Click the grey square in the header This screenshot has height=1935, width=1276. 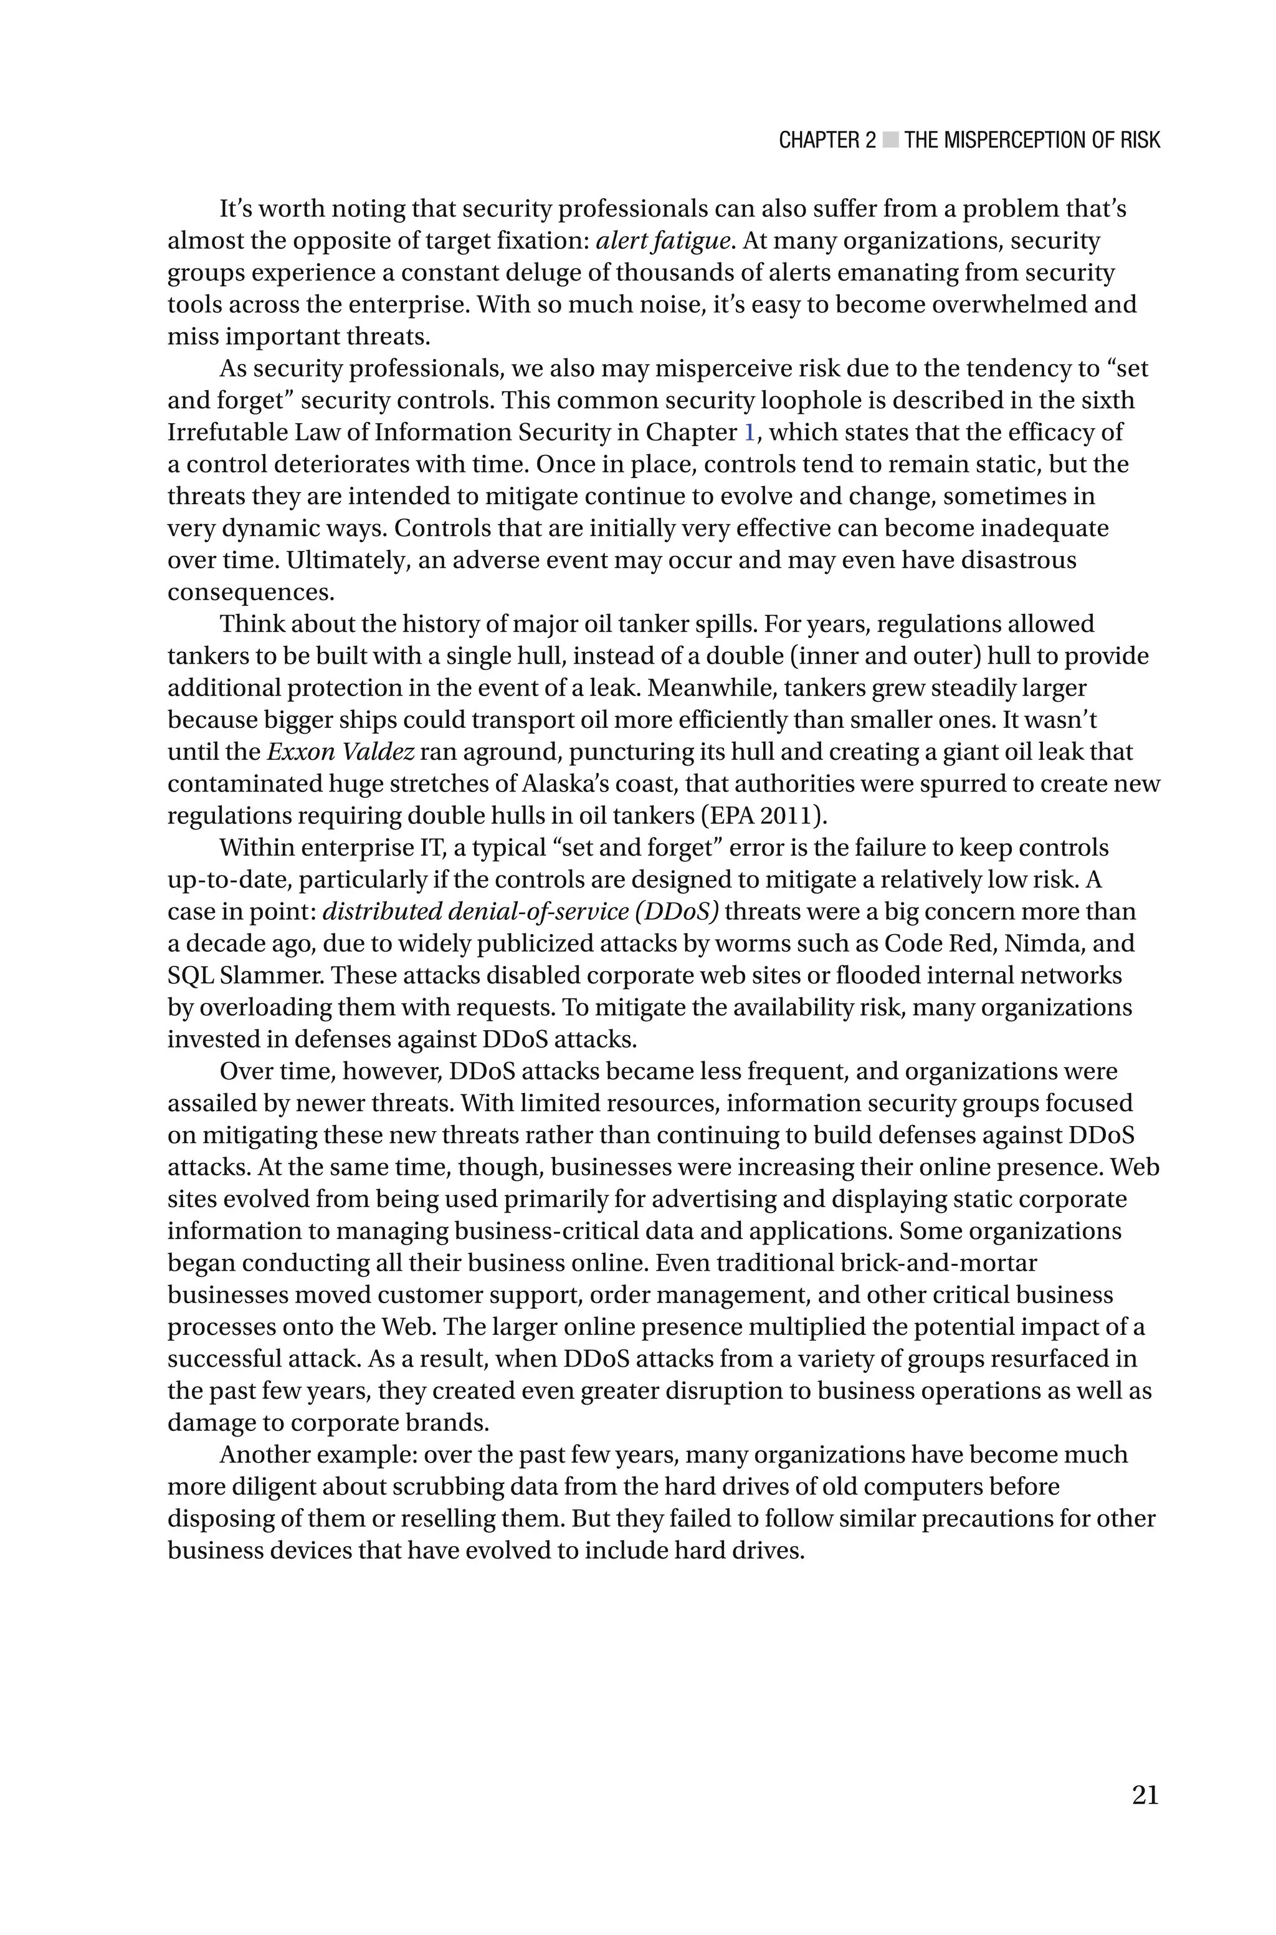890,141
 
